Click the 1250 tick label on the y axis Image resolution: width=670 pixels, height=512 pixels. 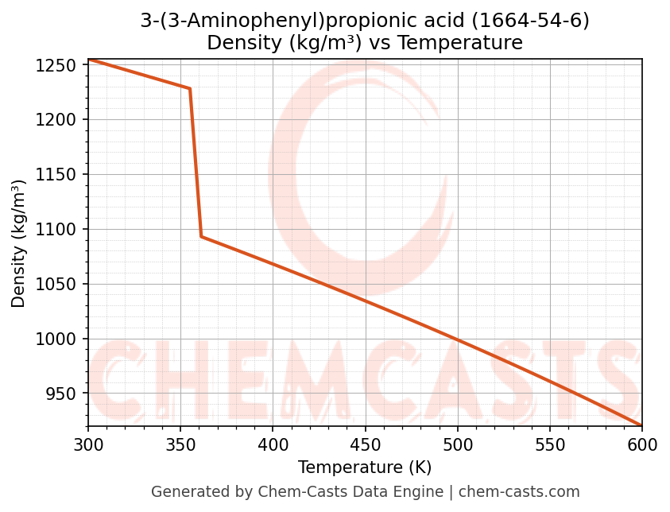(60, 65)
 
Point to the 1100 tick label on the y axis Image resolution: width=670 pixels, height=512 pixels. (60, 230)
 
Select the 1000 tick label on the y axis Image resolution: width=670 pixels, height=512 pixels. (60, 339)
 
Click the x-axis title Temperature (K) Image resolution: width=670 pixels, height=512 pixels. (365, 467)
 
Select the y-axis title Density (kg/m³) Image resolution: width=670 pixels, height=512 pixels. (19, 243)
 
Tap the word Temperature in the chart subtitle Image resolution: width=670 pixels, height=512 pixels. (460, 43)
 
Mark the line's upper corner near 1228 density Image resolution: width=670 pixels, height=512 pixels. (190, 88)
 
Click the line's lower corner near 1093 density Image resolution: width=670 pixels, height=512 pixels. (201, 236)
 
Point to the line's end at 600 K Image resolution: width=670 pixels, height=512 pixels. (641, 425)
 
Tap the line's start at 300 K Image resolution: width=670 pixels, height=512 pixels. (89, 60)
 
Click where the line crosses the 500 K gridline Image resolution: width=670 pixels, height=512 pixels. (457, 339)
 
